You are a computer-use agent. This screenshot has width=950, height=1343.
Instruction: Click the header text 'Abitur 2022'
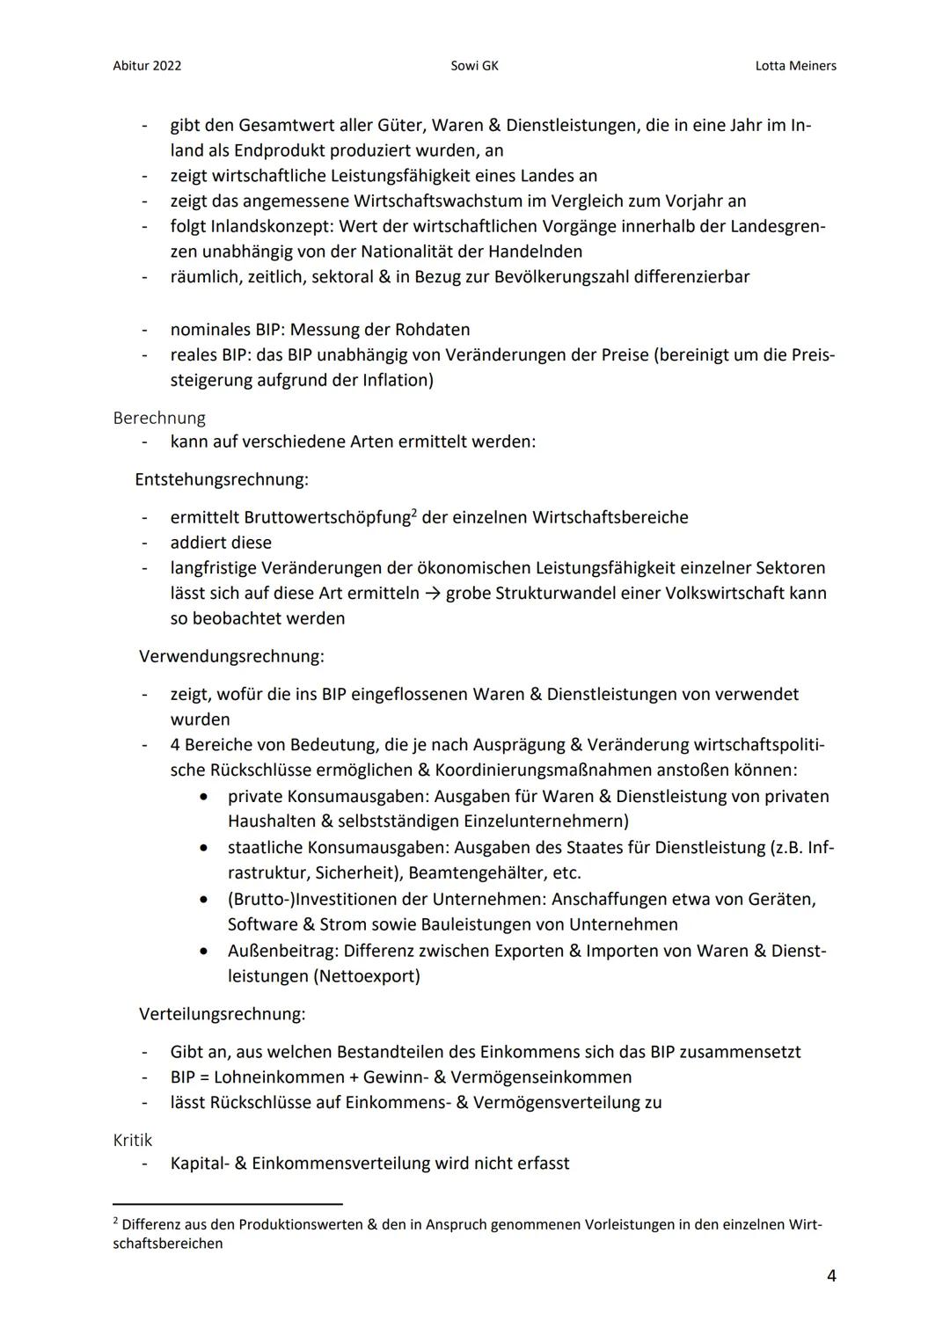147,66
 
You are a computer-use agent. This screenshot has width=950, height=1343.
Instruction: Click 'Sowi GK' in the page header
474,66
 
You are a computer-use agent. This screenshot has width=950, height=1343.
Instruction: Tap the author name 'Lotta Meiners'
795,66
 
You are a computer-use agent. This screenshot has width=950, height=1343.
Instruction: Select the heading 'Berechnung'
159,418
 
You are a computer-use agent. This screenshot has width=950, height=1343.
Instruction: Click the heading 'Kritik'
133,1140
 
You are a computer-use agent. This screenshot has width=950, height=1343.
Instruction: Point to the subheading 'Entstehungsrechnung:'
222,479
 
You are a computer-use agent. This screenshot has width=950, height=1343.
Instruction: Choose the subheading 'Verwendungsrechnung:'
231,656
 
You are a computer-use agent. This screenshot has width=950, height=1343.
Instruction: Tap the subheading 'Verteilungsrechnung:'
223,1014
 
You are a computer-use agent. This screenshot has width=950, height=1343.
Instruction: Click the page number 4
831,1275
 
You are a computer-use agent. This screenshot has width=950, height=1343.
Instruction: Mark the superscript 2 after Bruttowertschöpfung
414,512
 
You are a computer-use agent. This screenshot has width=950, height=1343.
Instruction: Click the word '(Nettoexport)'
366,976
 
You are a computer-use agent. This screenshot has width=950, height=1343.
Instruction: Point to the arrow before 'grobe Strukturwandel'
433,594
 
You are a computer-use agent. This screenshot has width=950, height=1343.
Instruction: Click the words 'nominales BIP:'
227,330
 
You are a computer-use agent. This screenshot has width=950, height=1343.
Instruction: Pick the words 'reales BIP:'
213,355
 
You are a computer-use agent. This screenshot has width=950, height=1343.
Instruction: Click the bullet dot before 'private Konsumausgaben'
204,797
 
